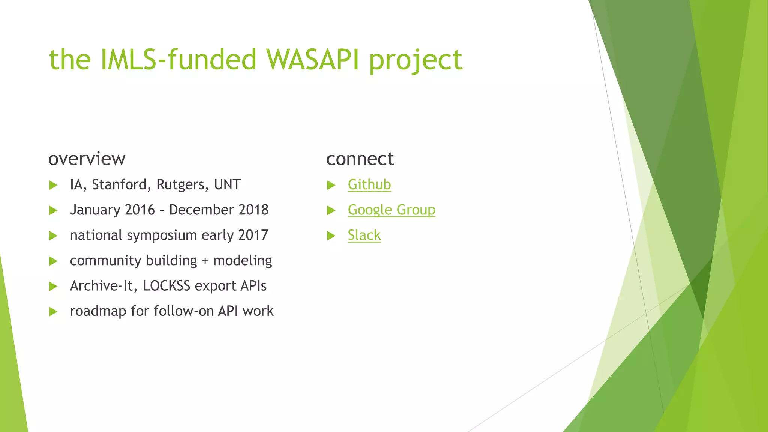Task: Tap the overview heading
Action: click(87, 159)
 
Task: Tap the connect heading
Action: click(360, 159)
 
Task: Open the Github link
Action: click(369, 185)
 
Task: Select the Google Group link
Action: click(391, 210)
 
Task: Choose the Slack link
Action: click(364, 235)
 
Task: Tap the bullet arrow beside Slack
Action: click(331, 236)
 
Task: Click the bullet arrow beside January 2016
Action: click(53, 210)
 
